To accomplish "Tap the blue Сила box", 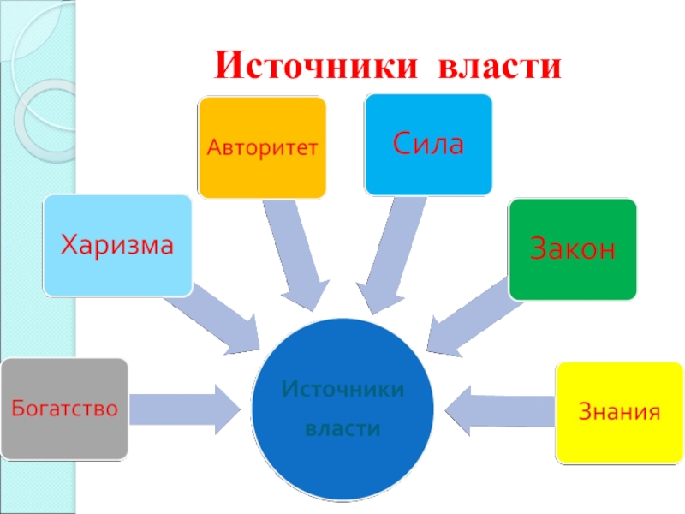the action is click(429, 144).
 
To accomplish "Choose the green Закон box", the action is click(573, 249).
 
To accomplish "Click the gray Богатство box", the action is click(64, 408).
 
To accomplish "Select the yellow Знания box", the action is click(620, 412).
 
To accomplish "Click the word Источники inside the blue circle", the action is click(342, 390).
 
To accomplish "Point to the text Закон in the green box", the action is click(573, 248).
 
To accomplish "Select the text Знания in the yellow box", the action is click(620, 412).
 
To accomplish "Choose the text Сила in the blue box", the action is click(429, 143).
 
